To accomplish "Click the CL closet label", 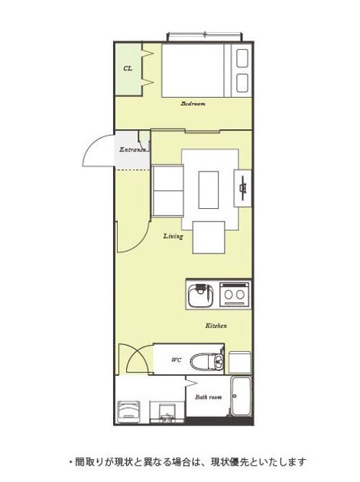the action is (128, 68).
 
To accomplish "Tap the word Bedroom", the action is (193, 103).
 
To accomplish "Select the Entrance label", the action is (132, 150).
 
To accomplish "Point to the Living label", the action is (174, 236).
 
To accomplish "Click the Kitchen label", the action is (216, 325).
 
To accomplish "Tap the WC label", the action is (177, 360).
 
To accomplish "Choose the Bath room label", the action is (208, 397).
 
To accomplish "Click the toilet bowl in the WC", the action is (206, 362).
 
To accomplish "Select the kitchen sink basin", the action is (200, 295).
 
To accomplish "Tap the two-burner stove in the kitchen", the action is (235, 295).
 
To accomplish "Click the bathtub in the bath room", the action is (242, 396).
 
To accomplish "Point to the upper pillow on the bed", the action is (242, 58).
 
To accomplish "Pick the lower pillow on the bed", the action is (242, 83).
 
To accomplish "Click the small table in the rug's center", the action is (209, 190).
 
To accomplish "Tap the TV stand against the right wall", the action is (242, 188).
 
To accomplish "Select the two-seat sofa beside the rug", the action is (167, 191).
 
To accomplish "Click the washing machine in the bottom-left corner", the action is (128, 410).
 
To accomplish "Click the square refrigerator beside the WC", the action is (240, 363).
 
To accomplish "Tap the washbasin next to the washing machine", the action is (167, 412).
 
